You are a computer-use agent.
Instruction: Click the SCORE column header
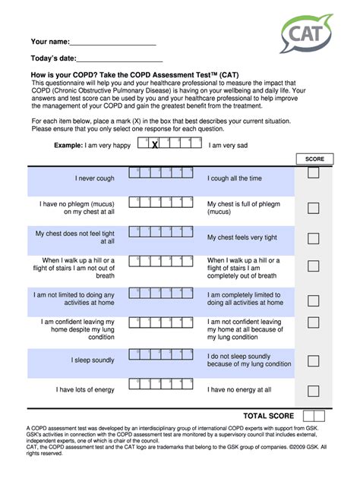tap(314, 159)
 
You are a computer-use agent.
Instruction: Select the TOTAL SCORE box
tap(313, 416)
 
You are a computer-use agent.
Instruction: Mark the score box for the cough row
tap(313, 175)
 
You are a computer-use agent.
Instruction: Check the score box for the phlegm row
tap(313, 208)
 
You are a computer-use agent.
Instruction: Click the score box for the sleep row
tap(313, 360)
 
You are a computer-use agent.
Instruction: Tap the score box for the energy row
tap(313, 391)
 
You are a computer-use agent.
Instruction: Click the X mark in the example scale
tap(154, 145)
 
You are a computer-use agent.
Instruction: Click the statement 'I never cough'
tap(95, 178)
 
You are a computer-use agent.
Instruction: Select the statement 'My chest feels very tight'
tap(242, 237)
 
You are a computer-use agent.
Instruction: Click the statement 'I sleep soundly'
tap(93, 360)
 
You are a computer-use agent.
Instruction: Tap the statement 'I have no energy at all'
tap(239, 389)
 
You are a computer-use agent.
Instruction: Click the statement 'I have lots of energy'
tap(85, 389)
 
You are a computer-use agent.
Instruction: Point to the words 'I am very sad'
tap(229, 145)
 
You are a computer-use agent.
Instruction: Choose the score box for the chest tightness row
tap(313, 238)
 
